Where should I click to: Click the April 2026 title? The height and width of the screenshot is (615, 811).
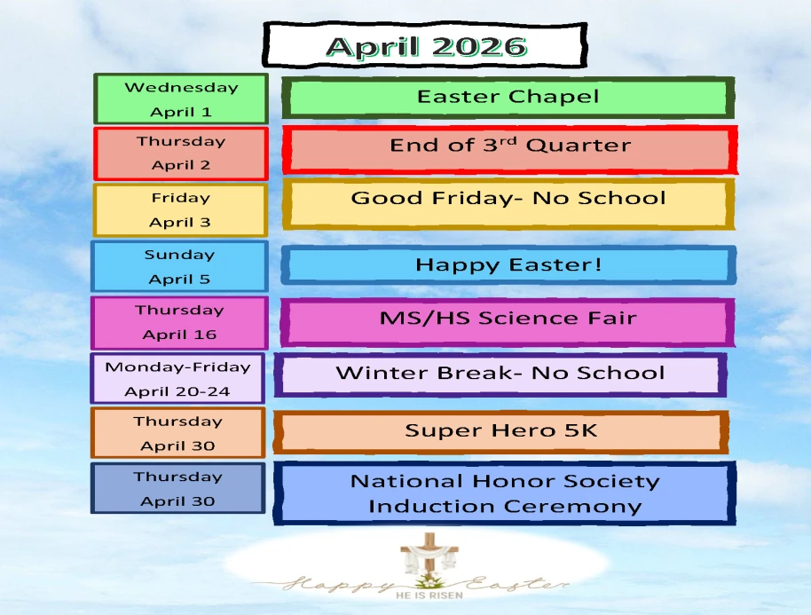click(426, 46)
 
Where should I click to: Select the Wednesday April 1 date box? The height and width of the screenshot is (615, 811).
click(181, 99)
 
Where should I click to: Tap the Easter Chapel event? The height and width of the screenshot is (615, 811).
click(508, 97)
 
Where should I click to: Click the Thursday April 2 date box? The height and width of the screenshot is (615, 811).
click(181, 154)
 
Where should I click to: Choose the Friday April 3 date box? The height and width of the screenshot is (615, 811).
click(180, 210)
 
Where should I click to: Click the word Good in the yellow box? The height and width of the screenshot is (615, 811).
click(387, 198)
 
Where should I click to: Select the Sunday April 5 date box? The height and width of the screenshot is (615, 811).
click(179, 266)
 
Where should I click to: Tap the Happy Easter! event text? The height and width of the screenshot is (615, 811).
click(508, 264)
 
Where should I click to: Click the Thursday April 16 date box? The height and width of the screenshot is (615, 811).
click(179, 323)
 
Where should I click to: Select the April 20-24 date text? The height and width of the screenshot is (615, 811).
click(177, 391)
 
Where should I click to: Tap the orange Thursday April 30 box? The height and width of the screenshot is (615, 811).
click(178, 433)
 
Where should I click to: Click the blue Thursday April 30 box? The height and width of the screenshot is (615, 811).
click(178, 488)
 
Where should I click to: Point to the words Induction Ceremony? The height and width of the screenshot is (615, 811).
click(505, 507)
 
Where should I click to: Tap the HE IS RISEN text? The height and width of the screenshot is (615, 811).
click(429, 595)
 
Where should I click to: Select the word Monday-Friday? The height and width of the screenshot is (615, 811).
click(177, 367)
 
